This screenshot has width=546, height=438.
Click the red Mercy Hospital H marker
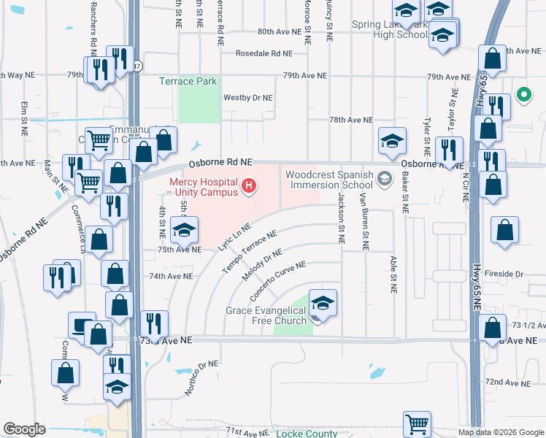click(250, 187)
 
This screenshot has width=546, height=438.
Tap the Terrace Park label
click(188, 82)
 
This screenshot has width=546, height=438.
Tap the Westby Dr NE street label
click(247, 97)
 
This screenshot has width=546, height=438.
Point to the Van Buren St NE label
click(361, 222)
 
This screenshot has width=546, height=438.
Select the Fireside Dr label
click(509, 274)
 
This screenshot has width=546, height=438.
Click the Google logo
click(25, 429)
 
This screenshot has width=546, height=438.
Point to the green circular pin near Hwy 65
click(523, 94)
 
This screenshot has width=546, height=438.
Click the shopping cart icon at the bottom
click(417, 423)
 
